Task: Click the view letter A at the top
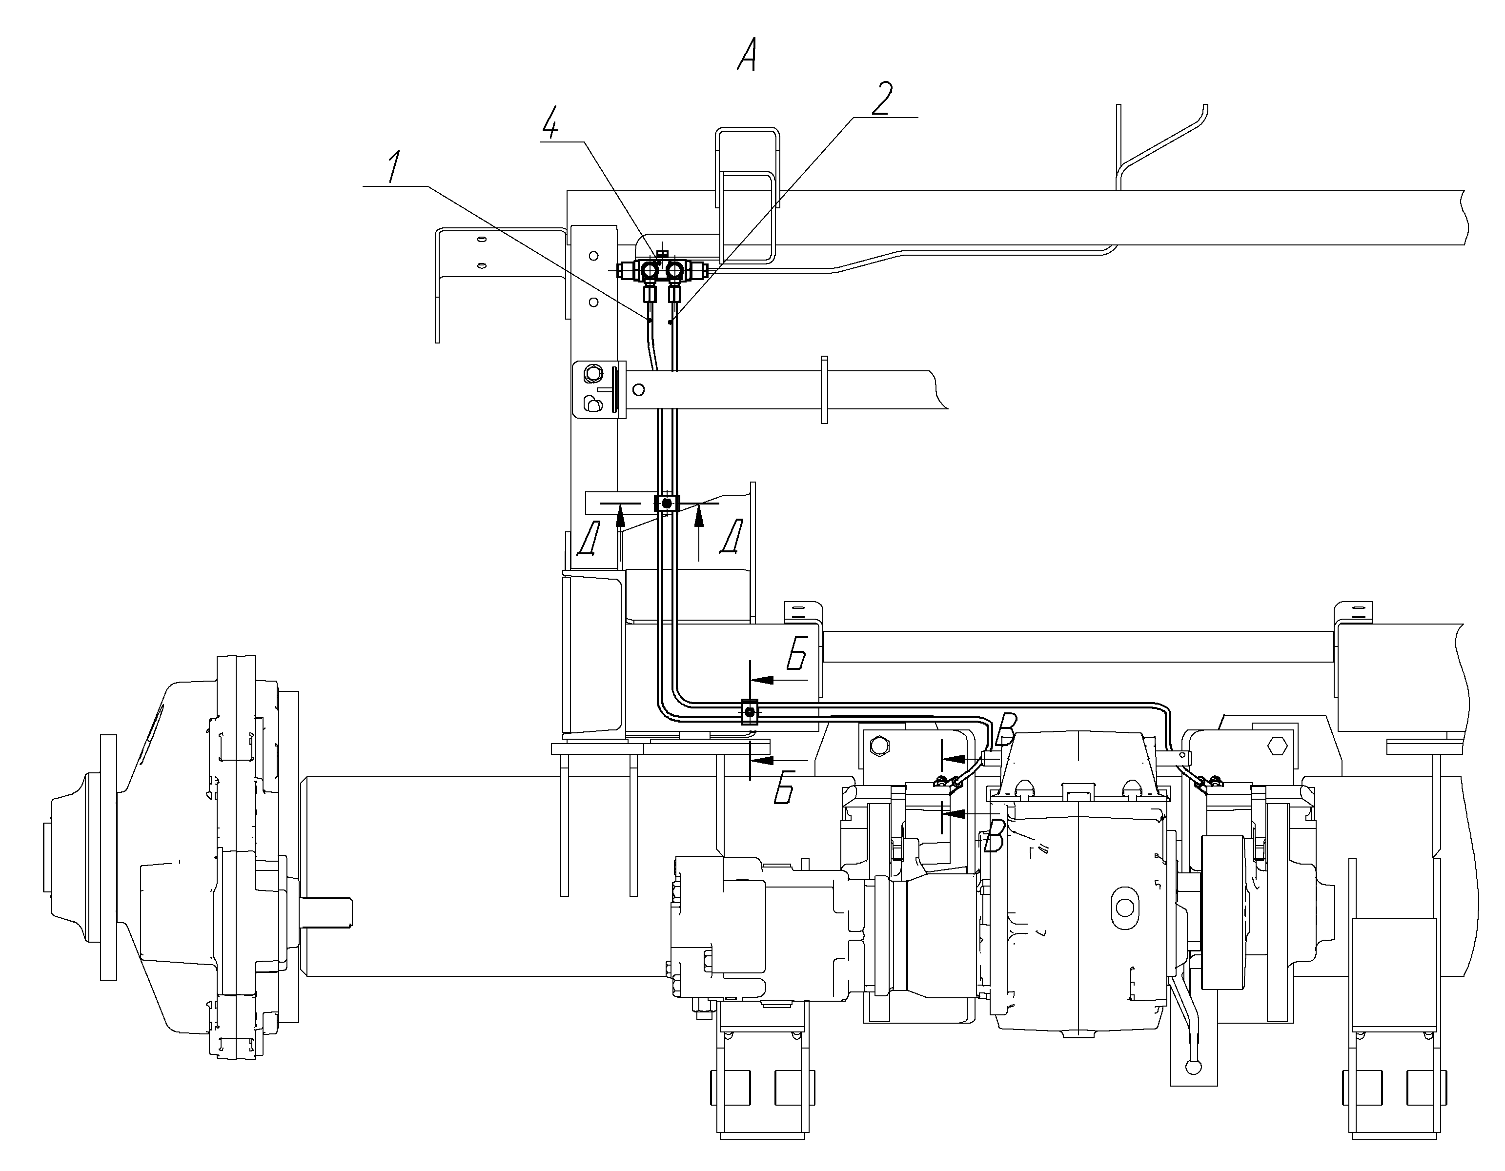click(x=747, y=55)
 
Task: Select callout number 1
click(x=393, y=167)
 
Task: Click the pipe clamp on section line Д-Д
click(x=666, y=504)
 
